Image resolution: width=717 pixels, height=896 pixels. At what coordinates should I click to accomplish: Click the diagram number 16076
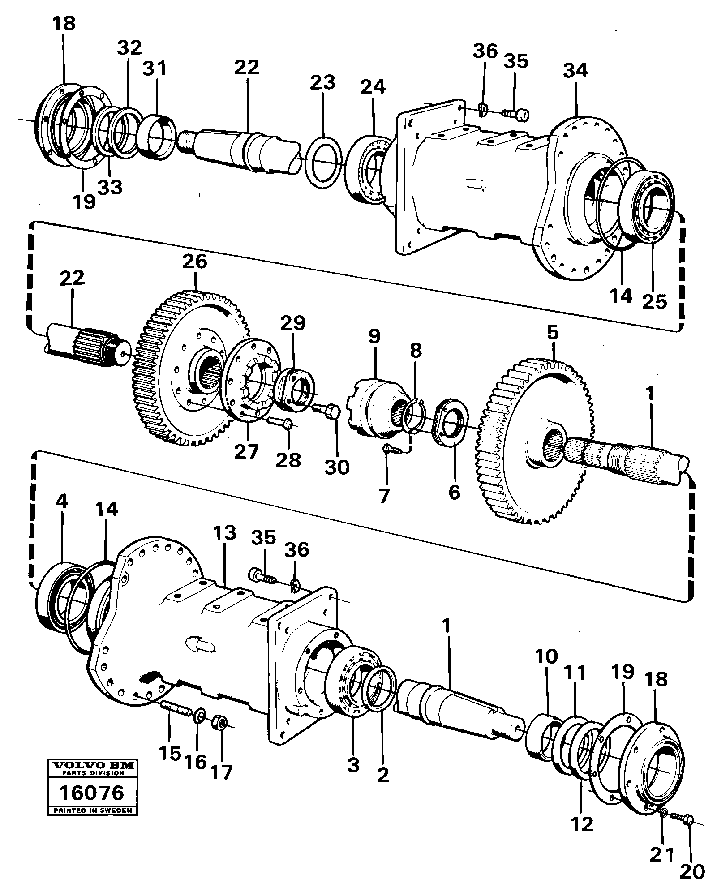[x=92, y=793]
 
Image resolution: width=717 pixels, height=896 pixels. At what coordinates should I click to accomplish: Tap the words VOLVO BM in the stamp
[x=93, y=766]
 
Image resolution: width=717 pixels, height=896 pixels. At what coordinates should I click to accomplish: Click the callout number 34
[x=575, y=70]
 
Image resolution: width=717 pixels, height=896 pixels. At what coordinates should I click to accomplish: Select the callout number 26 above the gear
[x=195, y=261]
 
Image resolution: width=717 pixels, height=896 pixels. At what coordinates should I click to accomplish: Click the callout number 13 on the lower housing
[x=224, y=534]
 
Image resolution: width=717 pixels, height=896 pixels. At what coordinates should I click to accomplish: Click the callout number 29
[x=294, y=323]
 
